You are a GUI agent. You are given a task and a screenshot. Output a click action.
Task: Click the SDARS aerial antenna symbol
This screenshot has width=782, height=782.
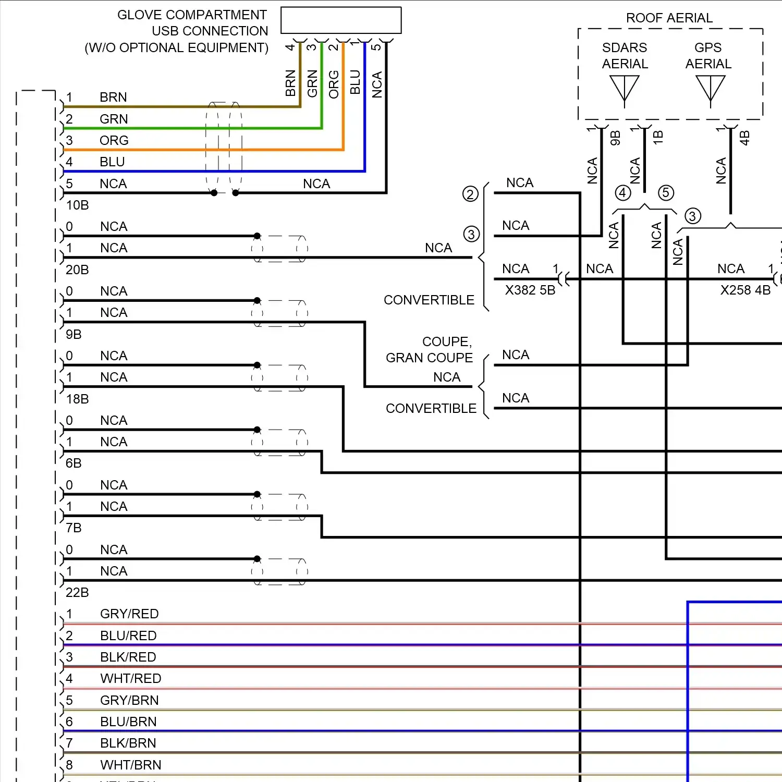click(624, 89)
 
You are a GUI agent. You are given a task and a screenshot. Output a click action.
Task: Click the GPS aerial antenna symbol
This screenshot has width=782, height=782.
click(710, 89)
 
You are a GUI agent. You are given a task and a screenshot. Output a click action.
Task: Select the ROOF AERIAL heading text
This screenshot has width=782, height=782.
click(669, 18)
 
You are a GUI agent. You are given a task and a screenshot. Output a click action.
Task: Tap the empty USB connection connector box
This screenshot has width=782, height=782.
click(341, 20)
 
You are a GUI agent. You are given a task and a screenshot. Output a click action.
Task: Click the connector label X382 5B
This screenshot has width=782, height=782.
click(530, 290)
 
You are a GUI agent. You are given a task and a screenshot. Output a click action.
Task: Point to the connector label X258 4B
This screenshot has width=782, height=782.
click(745, 290)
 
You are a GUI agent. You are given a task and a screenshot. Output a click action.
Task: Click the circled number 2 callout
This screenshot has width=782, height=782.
click(470, 194)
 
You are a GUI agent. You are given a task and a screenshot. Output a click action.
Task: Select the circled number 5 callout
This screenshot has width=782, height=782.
click(666, 193)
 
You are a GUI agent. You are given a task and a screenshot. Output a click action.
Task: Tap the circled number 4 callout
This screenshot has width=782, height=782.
click(622, 193)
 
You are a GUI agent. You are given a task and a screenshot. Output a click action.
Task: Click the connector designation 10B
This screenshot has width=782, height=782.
click(77, 205)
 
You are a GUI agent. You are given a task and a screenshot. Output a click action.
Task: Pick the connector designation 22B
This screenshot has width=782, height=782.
click(77, 593)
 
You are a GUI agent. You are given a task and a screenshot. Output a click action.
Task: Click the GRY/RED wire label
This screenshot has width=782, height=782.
click(129, 614)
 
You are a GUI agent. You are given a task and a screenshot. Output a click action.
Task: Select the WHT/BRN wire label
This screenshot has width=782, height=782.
click(130, 765)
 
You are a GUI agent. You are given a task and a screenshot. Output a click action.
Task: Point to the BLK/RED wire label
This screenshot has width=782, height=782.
click(128, 657)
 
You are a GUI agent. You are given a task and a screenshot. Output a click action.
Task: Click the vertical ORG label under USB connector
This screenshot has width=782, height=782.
click(334, 84)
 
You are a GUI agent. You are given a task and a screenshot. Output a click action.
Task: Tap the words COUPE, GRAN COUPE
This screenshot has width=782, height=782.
click(429, 350)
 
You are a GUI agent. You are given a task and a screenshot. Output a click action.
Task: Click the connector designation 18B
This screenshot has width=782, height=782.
click(77, 399)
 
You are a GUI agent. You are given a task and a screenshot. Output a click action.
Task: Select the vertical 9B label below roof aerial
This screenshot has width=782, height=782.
click(615, 138)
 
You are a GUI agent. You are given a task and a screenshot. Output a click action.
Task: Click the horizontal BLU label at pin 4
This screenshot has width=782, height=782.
click(112, 162)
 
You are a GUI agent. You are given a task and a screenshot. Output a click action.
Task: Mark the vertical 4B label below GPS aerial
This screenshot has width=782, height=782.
click(744, 138)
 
